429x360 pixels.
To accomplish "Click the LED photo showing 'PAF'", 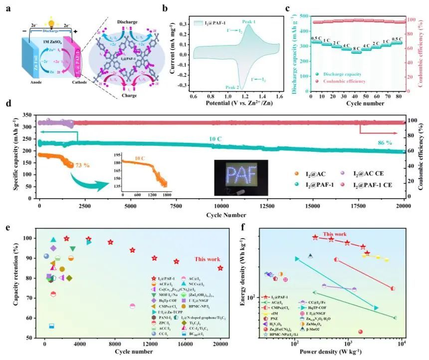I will (x=241, y=178).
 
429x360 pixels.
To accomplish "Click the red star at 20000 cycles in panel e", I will (x=220, y=268).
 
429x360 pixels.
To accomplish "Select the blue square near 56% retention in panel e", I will (x=51, y=326).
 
